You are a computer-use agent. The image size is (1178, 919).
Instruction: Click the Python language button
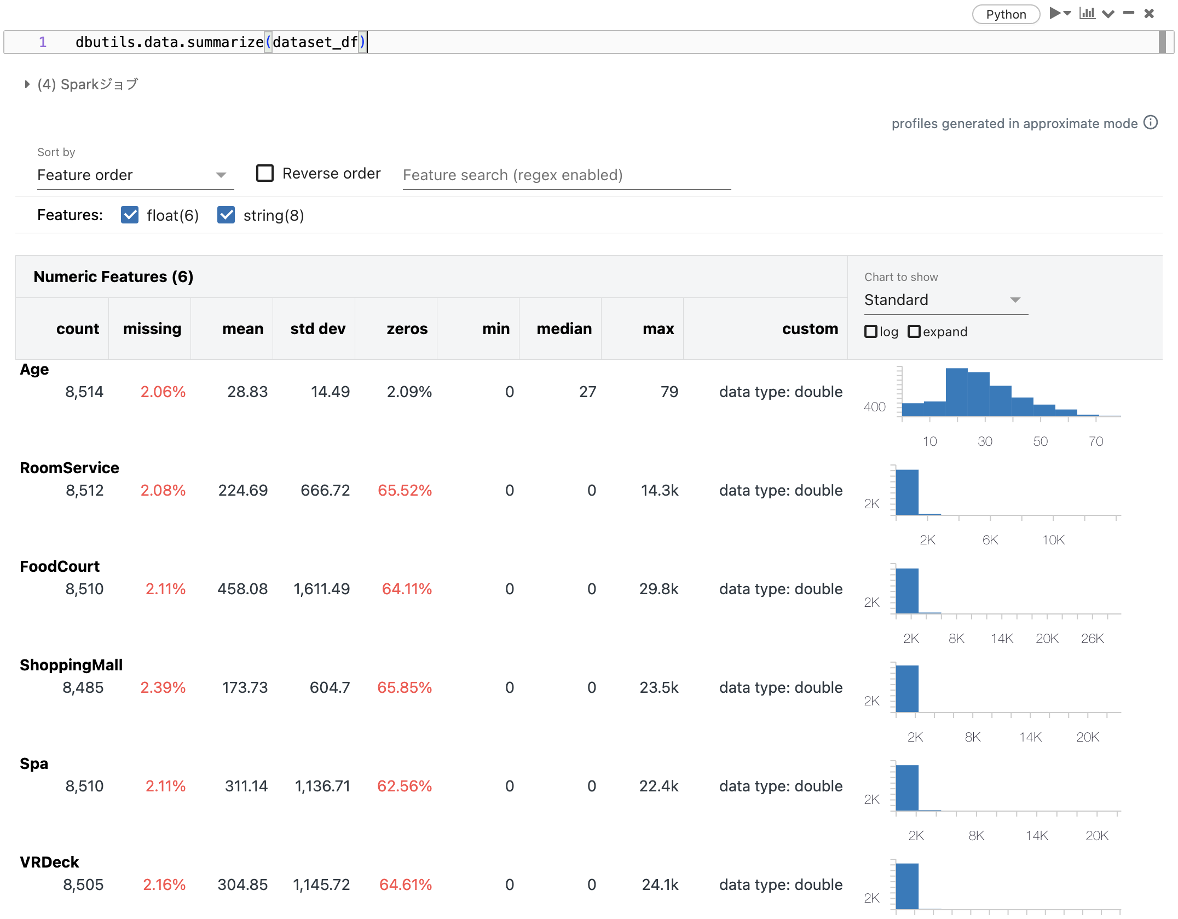1006,14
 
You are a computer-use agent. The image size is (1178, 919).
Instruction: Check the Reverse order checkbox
265,173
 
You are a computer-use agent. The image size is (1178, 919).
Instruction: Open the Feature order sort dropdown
135,175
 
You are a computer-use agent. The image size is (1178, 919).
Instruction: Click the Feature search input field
566,175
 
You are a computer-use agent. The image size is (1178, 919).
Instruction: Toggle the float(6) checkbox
130,215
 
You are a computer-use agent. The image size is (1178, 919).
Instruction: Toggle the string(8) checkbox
226,215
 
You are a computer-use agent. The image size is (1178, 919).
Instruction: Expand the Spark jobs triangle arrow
27,84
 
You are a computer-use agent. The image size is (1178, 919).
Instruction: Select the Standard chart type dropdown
945,300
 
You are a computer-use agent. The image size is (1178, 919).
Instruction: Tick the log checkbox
870,332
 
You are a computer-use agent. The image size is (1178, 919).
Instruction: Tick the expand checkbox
914,332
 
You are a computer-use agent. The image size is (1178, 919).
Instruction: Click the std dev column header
317,329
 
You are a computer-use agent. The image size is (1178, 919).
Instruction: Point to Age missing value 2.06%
163,392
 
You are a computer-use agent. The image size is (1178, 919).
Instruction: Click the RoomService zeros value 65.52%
405,491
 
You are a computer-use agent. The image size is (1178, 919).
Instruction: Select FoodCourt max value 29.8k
659,589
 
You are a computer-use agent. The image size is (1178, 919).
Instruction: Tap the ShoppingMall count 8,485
83,688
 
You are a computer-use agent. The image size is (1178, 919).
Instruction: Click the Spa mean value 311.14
246,786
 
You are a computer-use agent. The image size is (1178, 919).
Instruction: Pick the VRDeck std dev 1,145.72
321,885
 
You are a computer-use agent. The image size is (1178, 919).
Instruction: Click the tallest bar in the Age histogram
956,392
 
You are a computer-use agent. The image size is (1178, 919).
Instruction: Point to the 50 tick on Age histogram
1040,441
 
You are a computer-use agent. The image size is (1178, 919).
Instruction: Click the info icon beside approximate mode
1151,123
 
